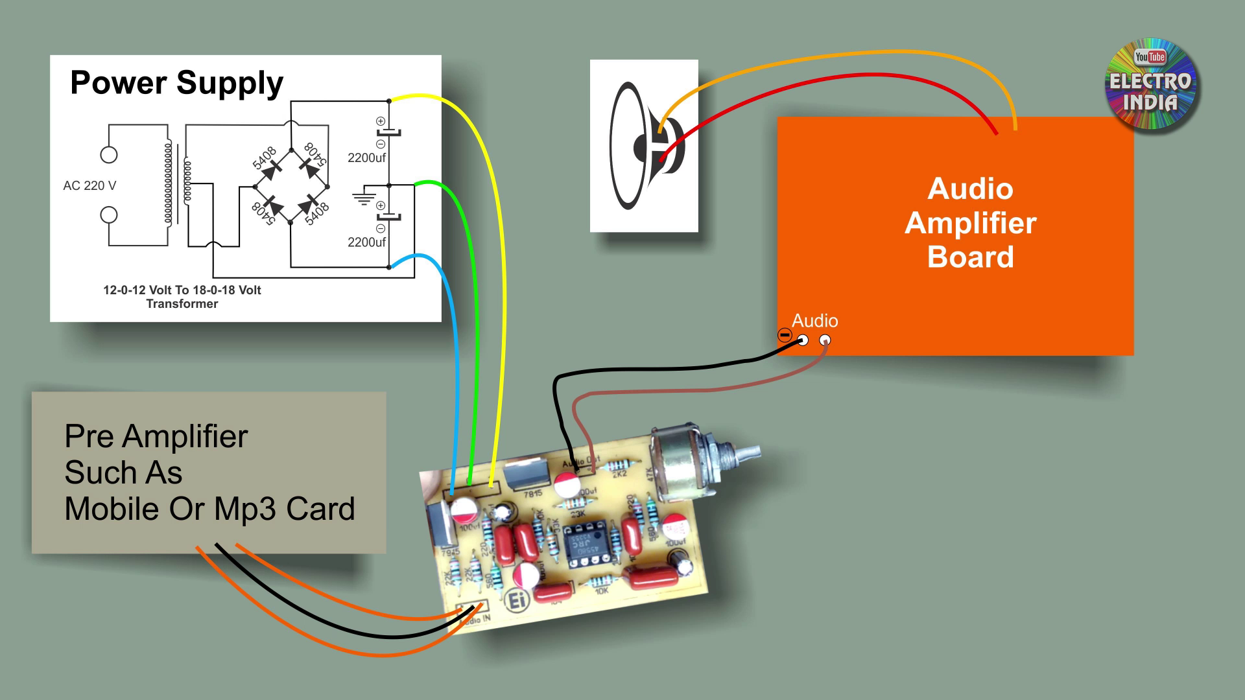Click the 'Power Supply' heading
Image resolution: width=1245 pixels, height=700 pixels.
point(176,83)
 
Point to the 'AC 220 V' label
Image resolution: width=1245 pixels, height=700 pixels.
point(89,186)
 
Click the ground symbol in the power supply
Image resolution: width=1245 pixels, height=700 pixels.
point(364,198)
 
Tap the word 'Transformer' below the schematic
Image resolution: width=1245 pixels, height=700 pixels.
point(182,304)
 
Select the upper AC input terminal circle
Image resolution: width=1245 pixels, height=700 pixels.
point(109,155)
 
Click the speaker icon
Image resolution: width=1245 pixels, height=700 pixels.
point(644,146)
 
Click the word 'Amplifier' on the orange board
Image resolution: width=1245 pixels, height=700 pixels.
point(970,223)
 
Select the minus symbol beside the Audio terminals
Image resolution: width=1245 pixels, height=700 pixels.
point(785,335)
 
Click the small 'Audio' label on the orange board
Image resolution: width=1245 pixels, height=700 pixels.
point(814,321)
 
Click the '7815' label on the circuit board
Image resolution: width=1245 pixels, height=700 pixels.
point(532,494)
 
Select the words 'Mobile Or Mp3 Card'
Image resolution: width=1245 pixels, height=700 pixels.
point(209,509)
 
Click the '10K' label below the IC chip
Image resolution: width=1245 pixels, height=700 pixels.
point(602,591)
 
